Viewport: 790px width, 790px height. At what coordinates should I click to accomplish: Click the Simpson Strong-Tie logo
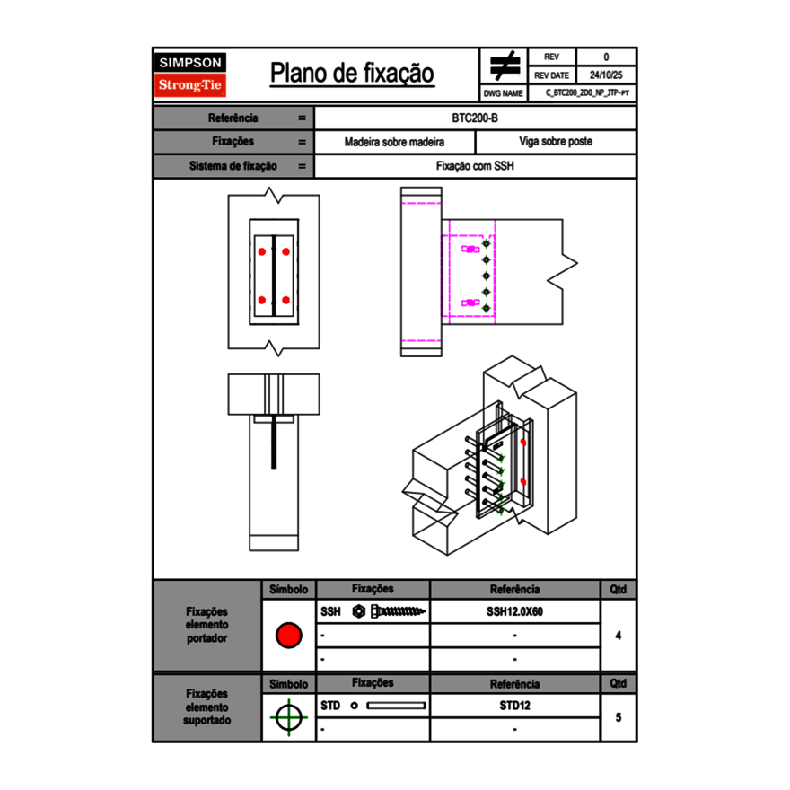point(191,75)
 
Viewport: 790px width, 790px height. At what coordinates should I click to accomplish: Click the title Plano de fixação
point(352,73)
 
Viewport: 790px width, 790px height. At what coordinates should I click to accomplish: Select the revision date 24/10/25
point(606,75)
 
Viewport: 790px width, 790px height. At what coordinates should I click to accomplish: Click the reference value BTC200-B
point(475,118)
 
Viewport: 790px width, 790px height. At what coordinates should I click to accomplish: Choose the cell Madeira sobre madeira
point(394,142)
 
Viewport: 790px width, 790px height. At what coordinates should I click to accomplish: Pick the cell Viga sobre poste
point(555,142)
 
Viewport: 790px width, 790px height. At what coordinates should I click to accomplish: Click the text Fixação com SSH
point(475,166)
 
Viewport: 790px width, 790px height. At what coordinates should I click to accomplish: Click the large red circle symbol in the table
point(288,636)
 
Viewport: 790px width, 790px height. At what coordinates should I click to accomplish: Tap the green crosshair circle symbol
point(288,717)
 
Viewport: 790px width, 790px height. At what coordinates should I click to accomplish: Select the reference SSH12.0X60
point(514,611)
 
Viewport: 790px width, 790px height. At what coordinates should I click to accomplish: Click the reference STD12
point(514,706)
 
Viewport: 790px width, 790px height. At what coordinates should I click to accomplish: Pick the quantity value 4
point(618,636)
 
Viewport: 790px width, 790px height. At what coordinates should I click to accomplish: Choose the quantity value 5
point(618,717)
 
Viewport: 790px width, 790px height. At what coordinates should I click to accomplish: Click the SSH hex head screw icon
point(391,611)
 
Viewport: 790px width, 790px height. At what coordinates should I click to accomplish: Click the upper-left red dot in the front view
point(261,251)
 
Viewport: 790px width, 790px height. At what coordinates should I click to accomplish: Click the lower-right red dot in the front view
point(285,299)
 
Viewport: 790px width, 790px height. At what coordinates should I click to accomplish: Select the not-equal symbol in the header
point(505,66)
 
